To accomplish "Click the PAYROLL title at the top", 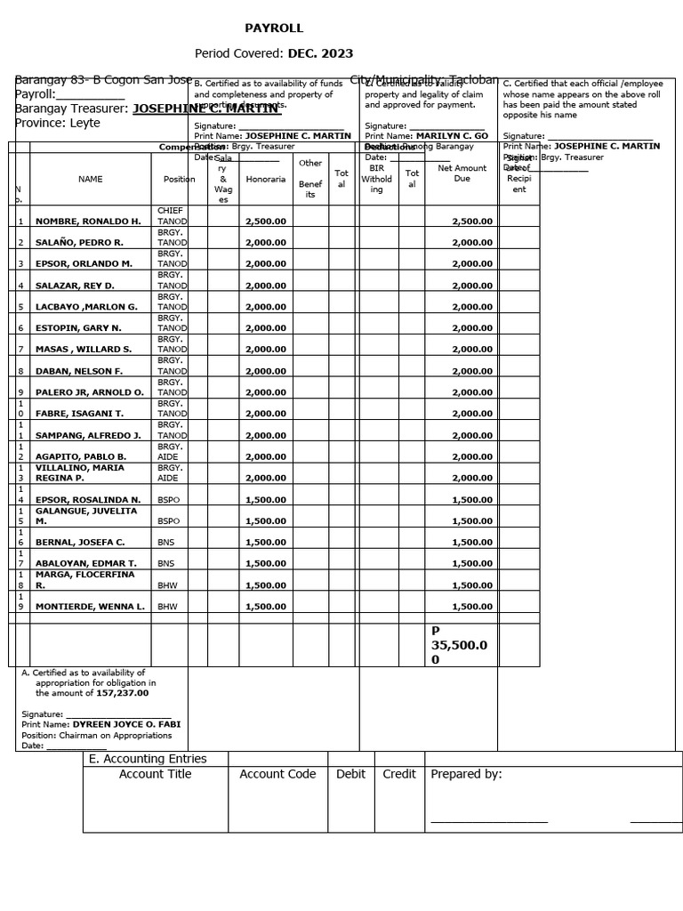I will [274, 28].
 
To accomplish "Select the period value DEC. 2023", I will [320, 53].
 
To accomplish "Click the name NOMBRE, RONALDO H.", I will [88, 221].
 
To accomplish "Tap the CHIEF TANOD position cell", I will [170, 215].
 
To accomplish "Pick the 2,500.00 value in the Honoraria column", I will [266, 221].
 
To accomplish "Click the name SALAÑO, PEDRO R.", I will [79, 242].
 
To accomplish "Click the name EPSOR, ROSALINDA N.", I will [88, 500].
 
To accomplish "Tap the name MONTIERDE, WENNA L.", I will [90, 607].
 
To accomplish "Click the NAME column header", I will [91, 179].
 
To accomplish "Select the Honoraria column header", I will [266, 179].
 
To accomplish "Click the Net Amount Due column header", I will [462, 173].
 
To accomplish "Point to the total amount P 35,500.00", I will [459, 645].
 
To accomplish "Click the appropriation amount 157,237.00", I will [123, 693].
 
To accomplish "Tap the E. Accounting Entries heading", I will [148, 759].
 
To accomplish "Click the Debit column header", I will [350, 774].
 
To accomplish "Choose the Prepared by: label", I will [466, 774].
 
